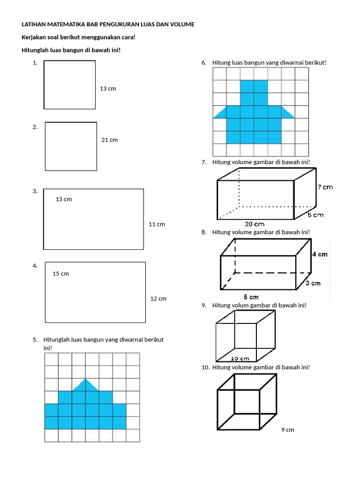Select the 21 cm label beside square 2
(x=110, y=140)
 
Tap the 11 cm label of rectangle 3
(x=157, y=225)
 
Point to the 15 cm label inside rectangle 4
(x=61, y=274)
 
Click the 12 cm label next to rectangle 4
(x=158, y=299)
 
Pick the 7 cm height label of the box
(x=325, y=187)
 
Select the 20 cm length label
(x=255, y=224)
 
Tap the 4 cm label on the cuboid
(x=320, y=254)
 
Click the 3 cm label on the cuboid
(x=313, y=283)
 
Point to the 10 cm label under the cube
(x=240, y=359)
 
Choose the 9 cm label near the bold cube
(x=287, y=430)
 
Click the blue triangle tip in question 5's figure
(x=85, y=385)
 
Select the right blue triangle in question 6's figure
(x=287, y=112)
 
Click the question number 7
(x=204, y=162)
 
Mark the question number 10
(x=205, y=367)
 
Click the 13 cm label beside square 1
(x=108, y=89)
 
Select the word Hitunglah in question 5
(x=56, y=340)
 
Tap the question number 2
(x=35, y=127)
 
